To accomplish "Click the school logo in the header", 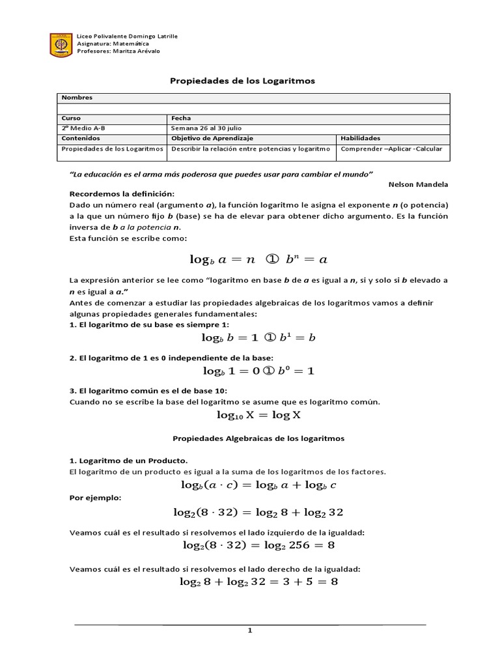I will pyautogui.click(x=61, y=44).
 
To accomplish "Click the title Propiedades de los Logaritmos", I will pyautogui.click(x=242, y=81).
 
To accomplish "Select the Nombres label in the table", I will pyautogui.click(x=77, y=98).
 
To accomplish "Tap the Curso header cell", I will pyautogui.click(x=70, y=119).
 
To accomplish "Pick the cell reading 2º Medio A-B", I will pyautogui.click(x=83, y=128).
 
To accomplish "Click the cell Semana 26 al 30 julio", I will pyautogui.click(x=206, y=128).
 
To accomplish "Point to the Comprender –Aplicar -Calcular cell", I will pyautogui.click(x=391, y=149).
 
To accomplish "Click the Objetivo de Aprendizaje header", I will pyautogui.click(x=212, y=138).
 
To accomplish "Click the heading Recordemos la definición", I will pyautogui.click(x=122, y=194).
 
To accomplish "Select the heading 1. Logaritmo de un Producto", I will pyautogui.click(x=128, y=461).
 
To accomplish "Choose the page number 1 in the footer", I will pyautogui.click(x=249, y=631).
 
